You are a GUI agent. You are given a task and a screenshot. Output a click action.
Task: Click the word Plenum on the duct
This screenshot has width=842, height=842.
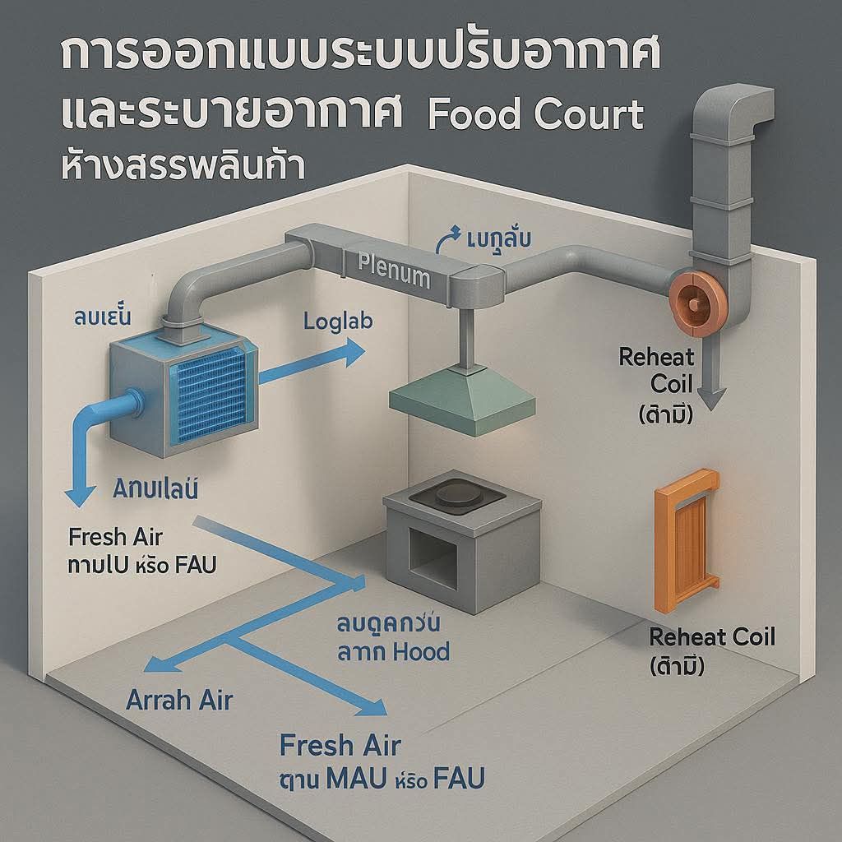[x=394, y=271]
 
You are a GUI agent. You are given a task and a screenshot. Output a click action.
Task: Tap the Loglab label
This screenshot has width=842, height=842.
[x=338, y=321]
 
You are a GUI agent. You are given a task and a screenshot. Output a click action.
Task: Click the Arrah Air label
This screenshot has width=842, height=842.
[x=179, y=700]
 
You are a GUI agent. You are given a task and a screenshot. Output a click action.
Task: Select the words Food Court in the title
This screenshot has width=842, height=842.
[x=535, y=116]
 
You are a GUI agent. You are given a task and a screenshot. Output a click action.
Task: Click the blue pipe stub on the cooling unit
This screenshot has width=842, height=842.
[x=123, y=408]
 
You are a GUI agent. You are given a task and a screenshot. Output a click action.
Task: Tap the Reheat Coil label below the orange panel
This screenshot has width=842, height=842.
[x=712, y=636]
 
